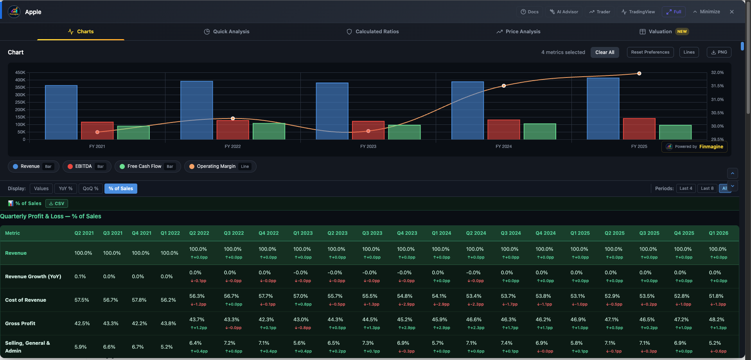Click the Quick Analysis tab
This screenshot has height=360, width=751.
coord(227,32)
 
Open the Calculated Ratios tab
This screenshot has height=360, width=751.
coord(373,32)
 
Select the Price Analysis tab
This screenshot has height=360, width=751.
coord(518,32)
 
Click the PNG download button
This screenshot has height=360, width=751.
coord(719,52)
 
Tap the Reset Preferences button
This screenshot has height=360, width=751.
coord(650,52)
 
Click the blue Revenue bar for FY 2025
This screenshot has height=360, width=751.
coord(603,109)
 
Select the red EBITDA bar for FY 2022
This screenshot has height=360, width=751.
coord(233,130)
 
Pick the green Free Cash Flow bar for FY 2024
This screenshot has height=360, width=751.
coord(540,132)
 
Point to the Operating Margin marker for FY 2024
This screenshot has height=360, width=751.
coord(504,86)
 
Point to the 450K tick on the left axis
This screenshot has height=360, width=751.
coord(20,73)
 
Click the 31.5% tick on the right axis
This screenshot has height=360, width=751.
coord(717,86)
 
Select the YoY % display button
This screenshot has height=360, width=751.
coord(66,189)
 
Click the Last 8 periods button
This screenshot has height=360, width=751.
coord(707,189)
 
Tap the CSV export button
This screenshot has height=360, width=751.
coord(57,203)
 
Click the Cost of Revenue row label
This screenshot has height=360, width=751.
coord(26,300)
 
